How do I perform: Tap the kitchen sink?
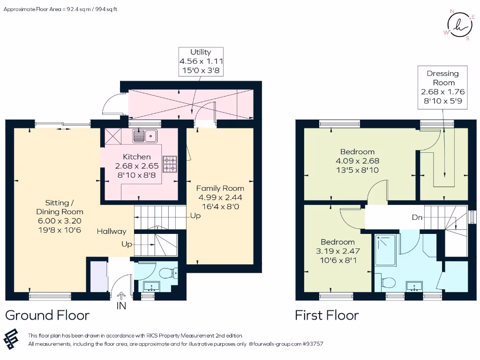(x=145, y=136)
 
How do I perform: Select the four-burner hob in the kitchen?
(x=170, y=164)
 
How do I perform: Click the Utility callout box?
(x=201, y=61)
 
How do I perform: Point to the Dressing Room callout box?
(x=442, y=87)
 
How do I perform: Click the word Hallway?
(x=112, y=232)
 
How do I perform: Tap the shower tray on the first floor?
(x=385, y=250)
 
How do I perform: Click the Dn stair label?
(x=417, y=217)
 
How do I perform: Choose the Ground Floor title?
(x=47, y=315)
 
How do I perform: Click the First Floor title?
(x=327, y=315)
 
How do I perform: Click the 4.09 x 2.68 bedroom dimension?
(x=357, y=161)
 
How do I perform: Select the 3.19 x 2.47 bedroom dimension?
(x=337, y=251)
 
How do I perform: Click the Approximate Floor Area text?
(x=60, y=9)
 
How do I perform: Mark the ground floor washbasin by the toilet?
(x=151, y=286)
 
